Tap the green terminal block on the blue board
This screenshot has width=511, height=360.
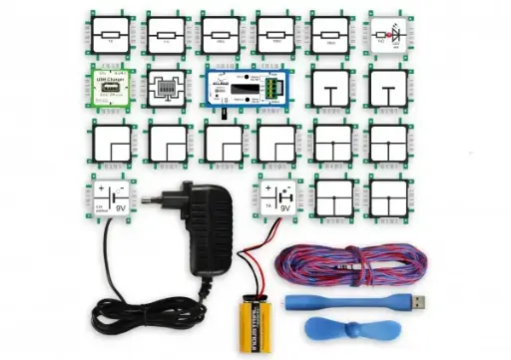tap(271, 90)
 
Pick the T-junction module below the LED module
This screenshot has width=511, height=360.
tap(391, 90)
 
